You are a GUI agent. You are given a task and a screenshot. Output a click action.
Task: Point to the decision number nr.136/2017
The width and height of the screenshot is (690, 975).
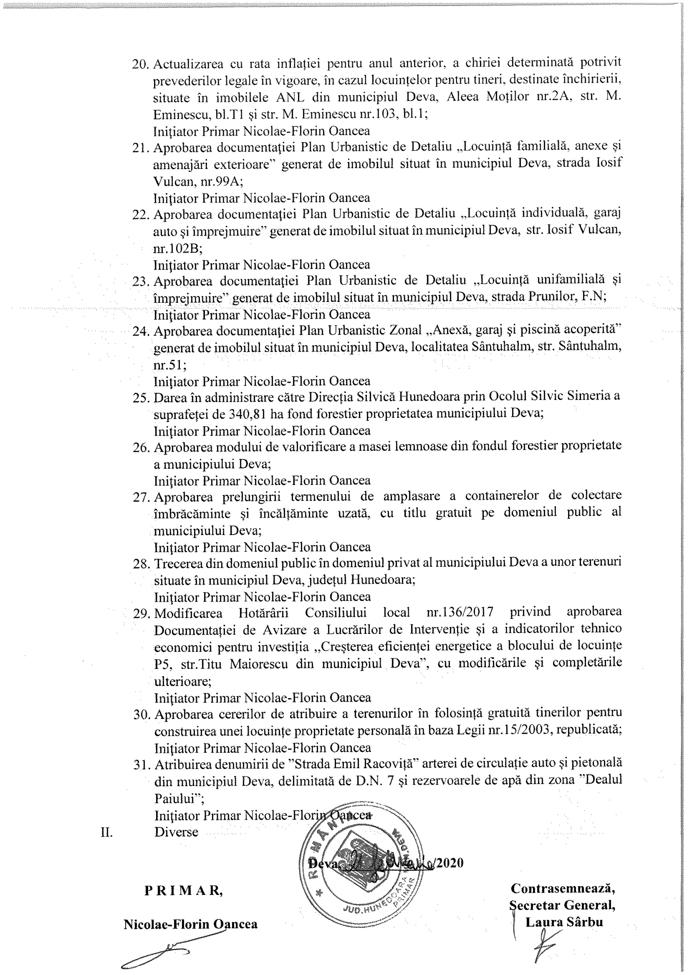pos(460,612)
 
